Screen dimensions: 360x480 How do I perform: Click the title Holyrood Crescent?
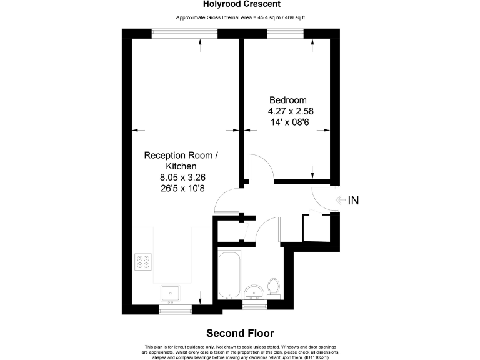240,4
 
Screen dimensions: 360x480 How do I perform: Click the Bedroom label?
287,100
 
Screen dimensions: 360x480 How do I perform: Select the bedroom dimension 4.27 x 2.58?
291,111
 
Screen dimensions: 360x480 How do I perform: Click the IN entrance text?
353,201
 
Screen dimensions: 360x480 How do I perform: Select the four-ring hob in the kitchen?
143,261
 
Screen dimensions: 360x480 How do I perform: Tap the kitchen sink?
170,292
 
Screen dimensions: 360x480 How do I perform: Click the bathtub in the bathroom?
229,274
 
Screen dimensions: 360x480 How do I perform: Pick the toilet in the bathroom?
273,287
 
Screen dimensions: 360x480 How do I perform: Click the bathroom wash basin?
253,292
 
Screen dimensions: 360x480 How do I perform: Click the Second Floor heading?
240,333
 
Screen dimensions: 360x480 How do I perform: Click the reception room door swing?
225,201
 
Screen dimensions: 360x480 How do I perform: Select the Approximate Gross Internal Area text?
240,17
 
